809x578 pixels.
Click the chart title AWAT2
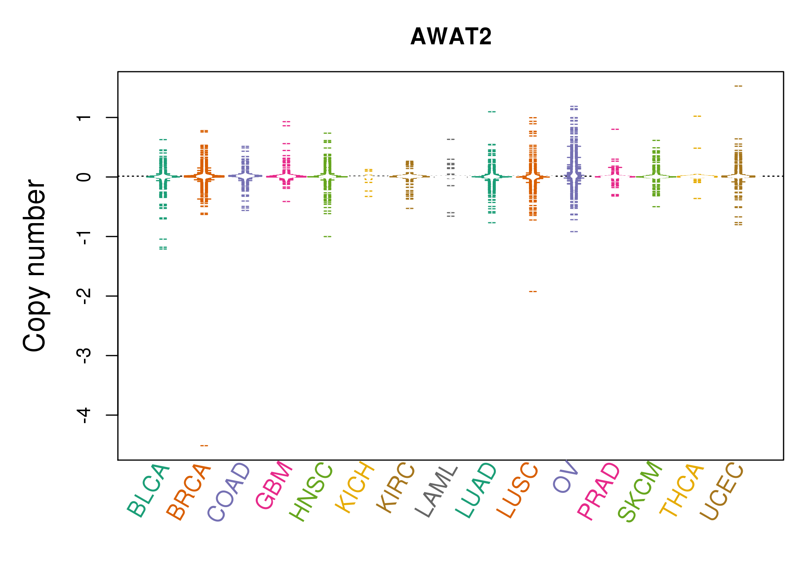(x=451, y=37)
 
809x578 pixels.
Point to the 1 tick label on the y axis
(x=84, y=118)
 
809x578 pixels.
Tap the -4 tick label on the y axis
(x=84, y=415)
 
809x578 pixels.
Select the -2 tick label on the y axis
(x=84, y=296)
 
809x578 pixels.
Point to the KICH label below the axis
(x=355, y=487)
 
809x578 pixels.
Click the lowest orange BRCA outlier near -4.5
(x=204, y=446)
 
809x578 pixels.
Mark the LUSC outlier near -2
(x=533, y=292)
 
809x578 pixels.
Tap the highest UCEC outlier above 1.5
(x=738, y=86)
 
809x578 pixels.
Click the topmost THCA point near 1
(x=697, y=116)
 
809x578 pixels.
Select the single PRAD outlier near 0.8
(x=615, y=129)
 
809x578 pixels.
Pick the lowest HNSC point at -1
(x=327, y=237)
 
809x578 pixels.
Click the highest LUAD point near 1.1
(x=492, y=112)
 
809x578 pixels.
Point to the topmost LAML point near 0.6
(x=451, y=139)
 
